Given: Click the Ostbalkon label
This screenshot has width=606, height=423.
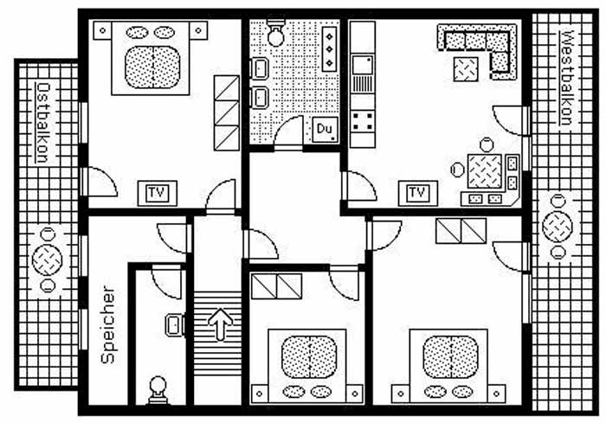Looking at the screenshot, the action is [42, 123].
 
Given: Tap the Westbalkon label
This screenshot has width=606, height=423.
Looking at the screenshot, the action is [566, 78].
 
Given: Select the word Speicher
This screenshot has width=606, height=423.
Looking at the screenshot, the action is [108, 324].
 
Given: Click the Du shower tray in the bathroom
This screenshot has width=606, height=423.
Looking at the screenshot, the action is [325, 129].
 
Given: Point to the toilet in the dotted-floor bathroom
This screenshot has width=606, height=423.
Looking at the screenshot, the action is [276, 33].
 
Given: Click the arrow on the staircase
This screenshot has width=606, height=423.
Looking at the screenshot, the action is [220, 324].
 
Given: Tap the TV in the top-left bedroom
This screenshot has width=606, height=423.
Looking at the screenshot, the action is [158, 193].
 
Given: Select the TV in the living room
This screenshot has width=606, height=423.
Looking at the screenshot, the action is [418, 193].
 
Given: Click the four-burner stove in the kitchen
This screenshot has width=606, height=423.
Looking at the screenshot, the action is [363, 121].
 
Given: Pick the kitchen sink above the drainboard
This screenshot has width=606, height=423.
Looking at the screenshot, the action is [363, 65].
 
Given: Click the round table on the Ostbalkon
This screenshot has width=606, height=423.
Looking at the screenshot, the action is [47, 260].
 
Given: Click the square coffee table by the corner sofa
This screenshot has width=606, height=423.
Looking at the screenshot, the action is [466, 69].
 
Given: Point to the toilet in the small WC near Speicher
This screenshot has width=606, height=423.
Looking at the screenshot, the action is [158, 390].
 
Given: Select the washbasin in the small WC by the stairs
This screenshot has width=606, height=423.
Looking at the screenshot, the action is [175, 324].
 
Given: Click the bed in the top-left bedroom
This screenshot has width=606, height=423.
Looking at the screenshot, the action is [151, 58].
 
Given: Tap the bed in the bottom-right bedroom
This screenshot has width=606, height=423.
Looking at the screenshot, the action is [448, 366].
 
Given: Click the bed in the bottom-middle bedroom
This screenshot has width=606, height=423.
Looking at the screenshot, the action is [307, 366].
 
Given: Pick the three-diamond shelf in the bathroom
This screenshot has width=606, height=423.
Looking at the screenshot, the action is [329, 49].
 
